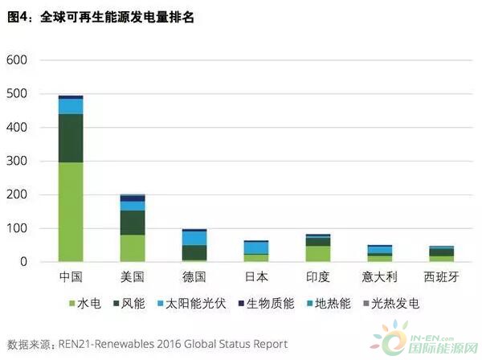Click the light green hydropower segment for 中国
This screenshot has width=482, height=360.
[x=71, y=211]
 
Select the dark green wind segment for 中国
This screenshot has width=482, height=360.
[x=71, y=138]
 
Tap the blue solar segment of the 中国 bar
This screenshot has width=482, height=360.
[x=71, y=106]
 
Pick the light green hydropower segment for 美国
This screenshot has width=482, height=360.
[x=132, y=247]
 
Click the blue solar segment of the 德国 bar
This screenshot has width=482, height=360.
[x=194, y=238]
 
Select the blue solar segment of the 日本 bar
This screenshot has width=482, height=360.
[x=255, y=247]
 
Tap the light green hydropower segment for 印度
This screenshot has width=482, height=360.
[x=317, y=253]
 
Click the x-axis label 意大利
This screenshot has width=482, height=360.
[x=379, y=277]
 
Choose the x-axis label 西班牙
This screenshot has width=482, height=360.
[x=441, y=277]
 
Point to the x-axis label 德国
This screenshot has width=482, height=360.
[x=194, y=277]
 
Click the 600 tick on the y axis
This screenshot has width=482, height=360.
[x=17, y=60]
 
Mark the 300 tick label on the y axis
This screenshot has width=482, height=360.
[x=17, y=162]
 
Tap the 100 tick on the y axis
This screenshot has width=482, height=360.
[x=17, y=229]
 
